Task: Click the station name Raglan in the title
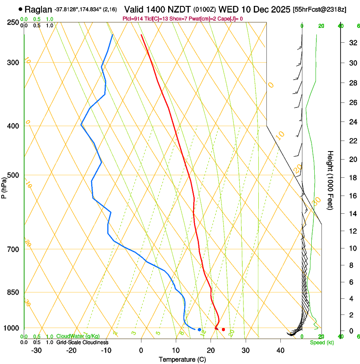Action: [x=38, y=9]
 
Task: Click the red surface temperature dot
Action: [x=224, y=330]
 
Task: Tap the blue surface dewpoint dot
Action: [x=199, y=330]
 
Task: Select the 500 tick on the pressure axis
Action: [x=13, y=175]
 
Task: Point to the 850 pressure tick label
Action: [x=13, y=292]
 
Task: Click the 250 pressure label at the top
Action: [x=13, y=22]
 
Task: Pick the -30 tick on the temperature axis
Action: [x=36, y=350]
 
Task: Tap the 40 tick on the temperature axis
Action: [x=280, y=350]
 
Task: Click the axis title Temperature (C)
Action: [x=182, y=359]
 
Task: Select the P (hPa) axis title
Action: [x=5, y=187]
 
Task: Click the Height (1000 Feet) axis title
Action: [x=330, y=180]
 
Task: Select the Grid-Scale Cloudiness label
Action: [x=82, y=342]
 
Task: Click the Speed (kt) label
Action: [x=321, y=342]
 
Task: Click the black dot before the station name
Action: [x=20, y=9]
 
